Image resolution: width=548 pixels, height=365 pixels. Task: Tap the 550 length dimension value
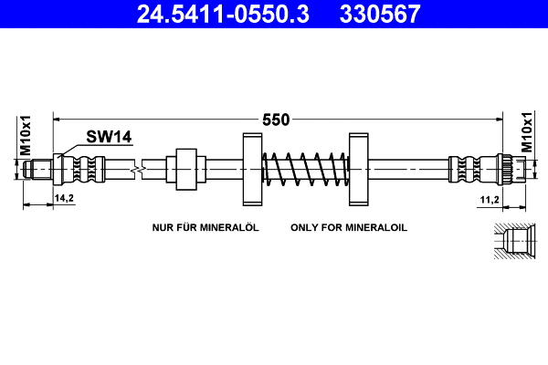pyautogui.click(x=276, y=120)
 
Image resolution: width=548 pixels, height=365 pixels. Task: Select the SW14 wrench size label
pyautogui.click(x=110, y=138)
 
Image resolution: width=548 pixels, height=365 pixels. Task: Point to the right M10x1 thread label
pyautogui.click(x=526, y=134)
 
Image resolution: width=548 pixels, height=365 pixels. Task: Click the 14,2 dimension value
pyautogui.click(x=65, y=198)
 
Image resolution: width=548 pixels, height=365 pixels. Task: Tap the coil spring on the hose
pyautogui.click(x=305, y=170)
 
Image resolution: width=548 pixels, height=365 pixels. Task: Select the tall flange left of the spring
pyautogui.click(x=252, y=170)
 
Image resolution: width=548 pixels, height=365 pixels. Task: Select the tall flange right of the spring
pyautogui.click(x=357, y=170)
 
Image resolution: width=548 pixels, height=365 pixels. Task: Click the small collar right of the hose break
pyautogui.click(x=185, y=169)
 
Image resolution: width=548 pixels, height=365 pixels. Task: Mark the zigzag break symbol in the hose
pyautogui.click(x=136, y=169)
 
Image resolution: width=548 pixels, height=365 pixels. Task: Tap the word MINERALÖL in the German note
pyautogui.click(x=228, y=226)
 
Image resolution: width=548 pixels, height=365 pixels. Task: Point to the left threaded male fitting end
pyautogui.click(x=40, y=169)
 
